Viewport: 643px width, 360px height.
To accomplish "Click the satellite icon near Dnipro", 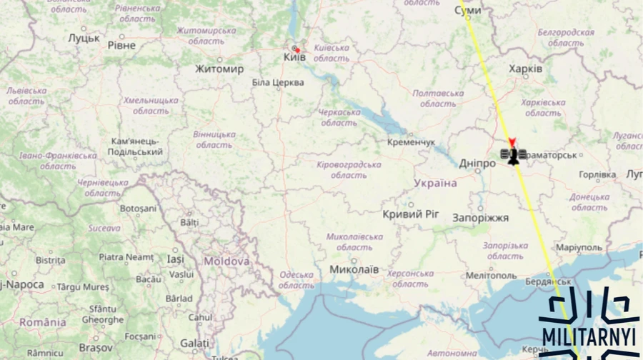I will [513, 155].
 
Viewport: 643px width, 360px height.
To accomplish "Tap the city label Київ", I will [294, 57].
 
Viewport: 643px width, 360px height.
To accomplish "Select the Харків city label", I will [525, 69].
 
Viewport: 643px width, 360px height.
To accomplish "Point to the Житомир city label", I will [219, 69].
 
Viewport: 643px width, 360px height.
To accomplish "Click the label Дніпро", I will [477, 164].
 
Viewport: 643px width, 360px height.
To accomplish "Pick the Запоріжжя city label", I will [480, 217].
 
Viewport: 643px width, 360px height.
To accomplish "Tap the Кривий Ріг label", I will [411, 214].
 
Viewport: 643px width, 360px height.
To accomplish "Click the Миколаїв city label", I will [354, 270].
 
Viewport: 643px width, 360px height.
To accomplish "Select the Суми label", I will [468, 11].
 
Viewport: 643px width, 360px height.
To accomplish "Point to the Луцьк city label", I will [84, 38].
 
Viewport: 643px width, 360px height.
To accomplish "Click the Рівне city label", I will [121, 45].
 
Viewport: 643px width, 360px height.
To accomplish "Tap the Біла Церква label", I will [278, 83].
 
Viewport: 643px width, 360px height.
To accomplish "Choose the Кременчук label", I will [411, 142].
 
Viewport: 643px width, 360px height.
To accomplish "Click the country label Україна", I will [435, 184].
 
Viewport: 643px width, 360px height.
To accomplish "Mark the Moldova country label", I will [226, 261].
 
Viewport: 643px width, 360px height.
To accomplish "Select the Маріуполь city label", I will [579, 247].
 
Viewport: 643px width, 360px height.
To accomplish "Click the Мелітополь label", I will [491, 275].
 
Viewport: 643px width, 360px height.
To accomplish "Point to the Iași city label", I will [175, 259].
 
